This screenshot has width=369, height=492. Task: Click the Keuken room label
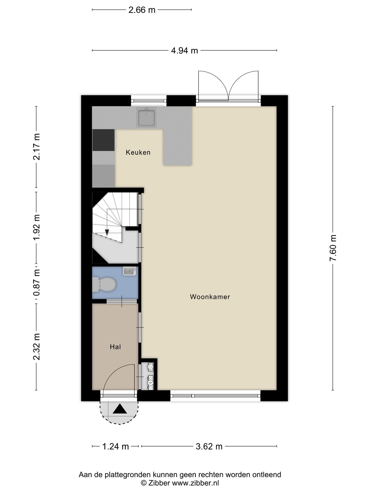pos(138,152)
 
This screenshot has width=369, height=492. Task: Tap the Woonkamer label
pos(210,297)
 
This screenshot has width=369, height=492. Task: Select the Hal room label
pos(115,347)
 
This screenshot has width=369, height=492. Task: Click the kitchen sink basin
pos(147,118)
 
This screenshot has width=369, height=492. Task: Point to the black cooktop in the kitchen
pos(104,140)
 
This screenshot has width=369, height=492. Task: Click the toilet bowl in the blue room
pos(105,285)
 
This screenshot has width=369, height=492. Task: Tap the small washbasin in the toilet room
pos(129,271)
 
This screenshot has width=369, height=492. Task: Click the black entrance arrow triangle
pos(120,409)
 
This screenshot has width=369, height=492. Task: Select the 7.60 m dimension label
pos(333,248)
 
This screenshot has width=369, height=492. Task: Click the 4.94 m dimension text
pos(184,51)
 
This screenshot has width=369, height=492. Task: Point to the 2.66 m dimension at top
pos(142,10)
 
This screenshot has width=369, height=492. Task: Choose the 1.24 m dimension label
pos(115,447)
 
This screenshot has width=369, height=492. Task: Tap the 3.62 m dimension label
pos(209,447)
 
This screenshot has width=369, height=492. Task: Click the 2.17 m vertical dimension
pos(36,147)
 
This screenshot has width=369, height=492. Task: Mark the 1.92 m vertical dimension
pos(36,227)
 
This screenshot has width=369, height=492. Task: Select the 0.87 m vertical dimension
pos(36,283)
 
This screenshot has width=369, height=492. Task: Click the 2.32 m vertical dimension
pos(36,346)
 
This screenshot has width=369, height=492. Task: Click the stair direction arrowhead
pos(107,233)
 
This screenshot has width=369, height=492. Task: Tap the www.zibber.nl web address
pos(195,483)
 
